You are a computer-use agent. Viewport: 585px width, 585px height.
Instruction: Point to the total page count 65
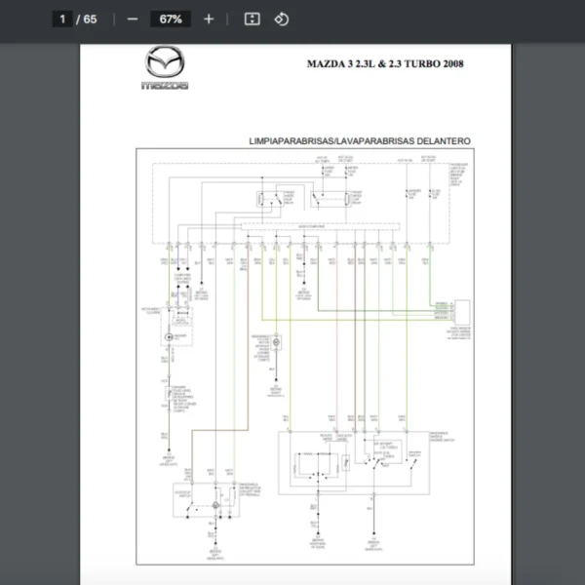pyautogui.click(x=90, y=19)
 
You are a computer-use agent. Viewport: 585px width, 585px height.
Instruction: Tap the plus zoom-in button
pyautogui.click(x=209, y=19)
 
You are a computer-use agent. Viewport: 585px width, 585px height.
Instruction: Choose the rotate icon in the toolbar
pyautogui.click(x=281, y=19)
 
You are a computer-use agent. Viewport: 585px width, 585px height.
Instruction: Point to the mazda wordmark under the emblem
pyautogui.click(x=164, y=86)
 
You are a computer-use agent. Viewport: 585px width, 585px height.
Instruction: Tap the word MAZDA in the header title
pyautogui.click(x=326, y=64)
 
